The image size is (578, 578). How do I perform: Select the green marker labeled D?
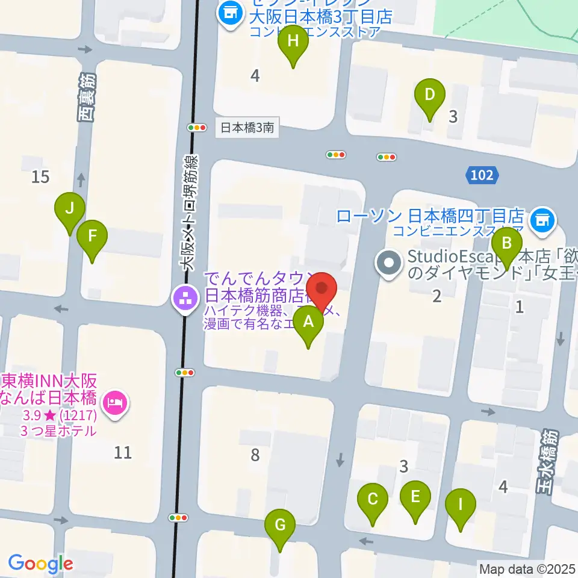coord(430,96)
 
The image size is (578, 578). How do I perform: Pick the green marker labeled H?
coord(293,42)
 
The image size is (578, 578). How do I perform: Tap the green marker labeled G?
coord(280,526)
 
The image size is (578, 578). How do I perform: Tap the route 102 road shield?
coord(482,175)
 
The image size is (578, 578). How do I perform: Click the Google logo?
coord(40,564)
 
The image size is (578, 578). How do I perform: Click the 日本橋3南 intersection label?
coord(247,128)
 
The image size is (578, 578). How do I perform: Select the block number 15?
coord(41,177)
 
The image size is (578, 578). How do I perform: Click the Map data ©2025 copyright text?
coord(527,568)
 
